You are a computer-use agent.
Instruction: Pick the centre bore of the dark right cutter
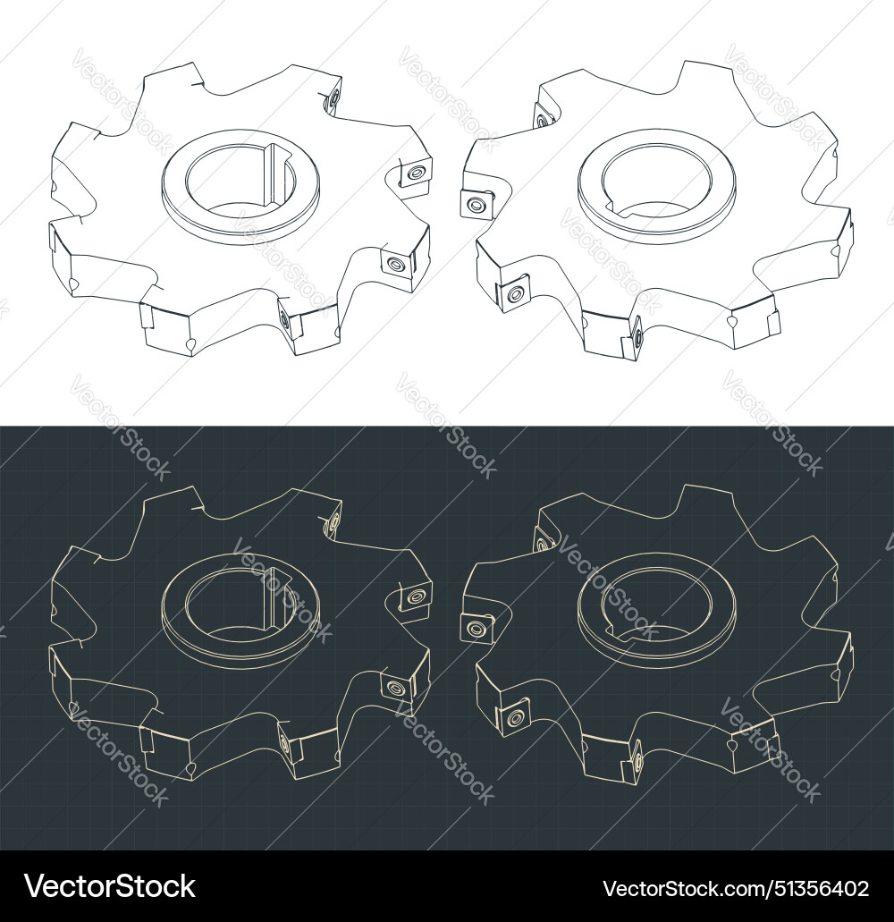(656, 599)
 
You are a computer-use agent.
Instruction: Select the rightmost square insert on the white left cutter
(414, 173)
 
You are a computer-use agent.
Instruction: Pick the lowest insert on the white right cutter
(638, 338)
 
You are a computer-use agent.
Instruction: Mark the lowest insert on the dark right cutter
(638, 761)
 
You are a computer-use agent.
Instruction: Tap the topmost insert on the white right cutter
(542, 116)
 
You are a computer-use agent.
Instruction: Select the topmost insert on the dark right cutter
(542, 539)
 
